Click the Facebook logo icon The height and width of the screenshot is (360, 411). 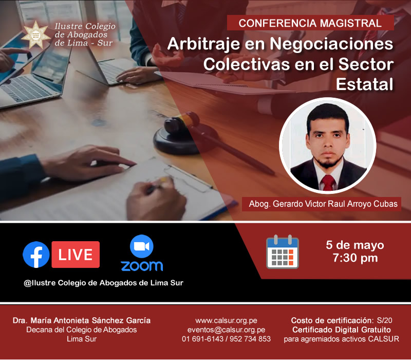(x=36, y=255)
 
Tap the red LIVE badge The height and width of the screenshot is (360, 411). (x=76, y=255)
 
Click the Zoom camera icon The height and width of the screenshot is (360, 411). (x=142, y=246)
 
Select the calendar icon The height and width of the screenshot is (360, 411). (x=283, y=252)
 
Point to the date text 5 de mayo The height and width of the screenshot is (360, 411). (x=355, y=245)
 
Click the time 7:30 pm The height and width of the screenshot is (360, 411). (x=355, y=258)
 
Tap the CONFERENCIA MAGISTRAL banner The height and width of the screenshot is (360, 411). (x=310, y=23)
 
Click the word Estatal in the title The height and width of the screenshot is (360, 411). (x=365, y=84)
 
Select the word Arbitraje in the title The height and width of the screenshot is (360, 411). (x=203, y=44)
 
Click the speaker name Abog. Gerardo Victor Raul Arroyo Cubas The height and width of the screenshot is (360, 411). (x=323, y=204)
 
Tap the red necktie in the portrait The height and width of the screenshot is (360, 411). (x=328, y=182)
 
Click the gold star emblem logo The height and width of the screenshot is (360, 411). (x=35, y=34)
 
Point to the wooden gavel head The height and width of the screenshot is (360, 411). (x=182, y=122)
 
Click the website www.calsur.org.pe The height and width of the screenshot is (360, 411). (x=226, y=320)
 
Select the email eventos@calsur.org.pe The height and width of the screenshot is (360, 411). (x=226, y=330)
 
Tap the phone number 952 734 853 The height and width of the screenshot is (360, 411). (x=250, y=339)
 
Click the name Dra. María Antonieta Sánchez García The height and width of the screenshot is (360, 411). (x=82, y=320)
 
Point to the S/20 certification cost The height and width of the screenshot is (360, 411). (x=384, y=320)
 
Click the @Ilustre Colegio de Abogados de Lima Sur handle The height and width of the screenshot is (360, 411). (x=104, y=283)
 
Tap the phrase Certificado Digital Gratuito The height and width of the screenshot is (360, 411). (x=342, y=330)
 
